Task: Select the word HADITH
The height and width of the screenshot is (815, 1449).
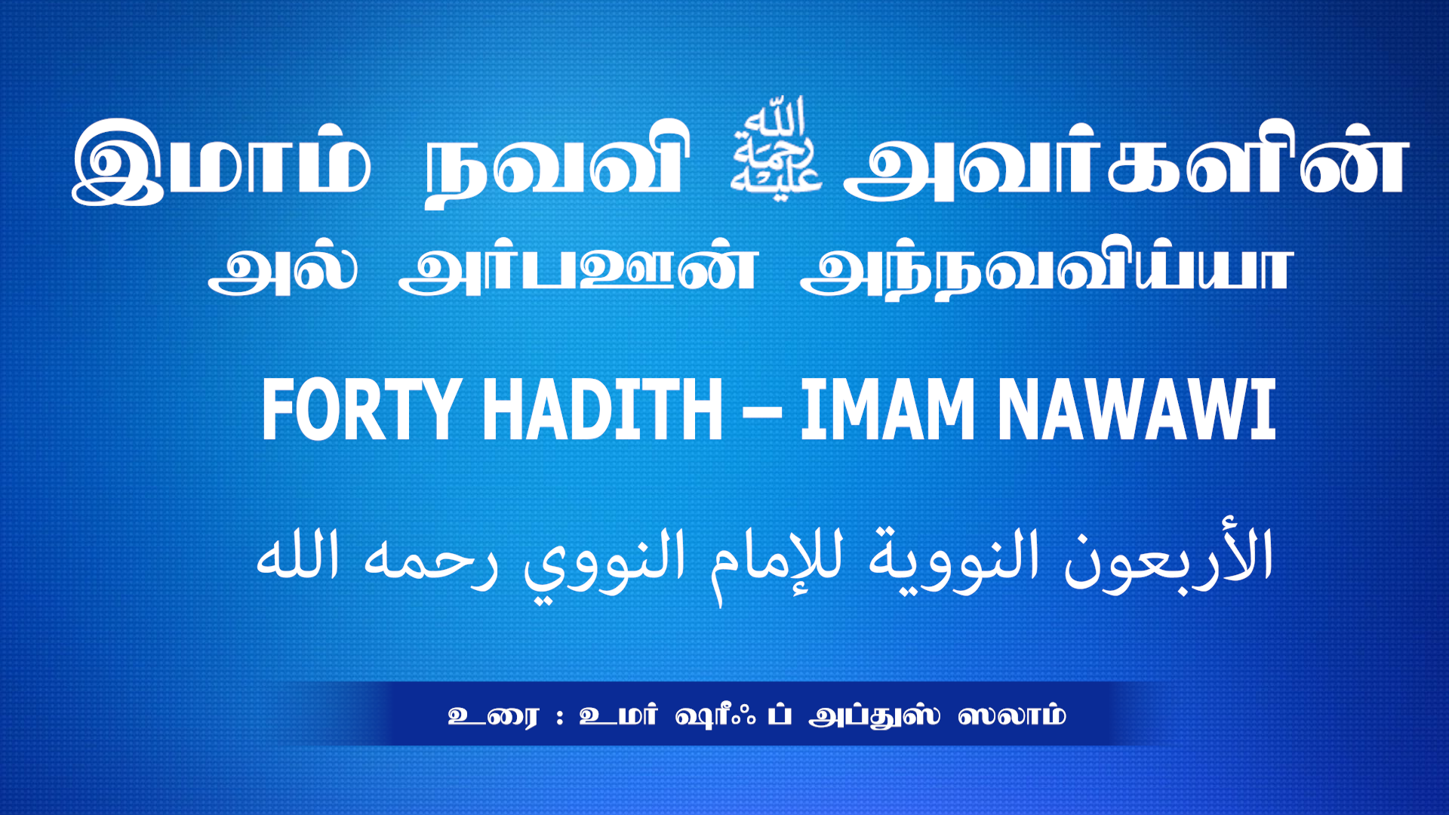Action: tap(602, 409)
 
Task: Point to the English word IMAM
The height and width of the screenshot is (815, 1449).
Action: tap(888, 409)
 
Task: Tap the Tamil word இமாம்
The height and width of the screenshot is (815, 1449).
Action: tap(222, 161)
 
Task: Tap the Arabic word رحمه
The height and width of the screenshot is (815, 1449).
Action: tap(431, 562)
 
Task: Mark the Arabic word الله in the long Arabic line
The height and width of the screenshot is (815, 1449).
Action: tap(297, 555)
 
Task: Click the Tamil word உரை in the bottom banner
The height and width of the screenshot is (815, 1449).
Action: tap(494, 715)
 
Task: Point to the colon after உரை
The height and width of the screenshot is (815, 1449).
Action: tap(559, 716)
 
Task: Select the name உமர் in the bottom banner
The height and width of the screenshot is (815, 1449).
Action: tap(618, 715)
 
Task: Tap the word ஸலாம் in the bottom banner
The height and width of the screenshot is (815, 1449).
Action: tap(1012, 715)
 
